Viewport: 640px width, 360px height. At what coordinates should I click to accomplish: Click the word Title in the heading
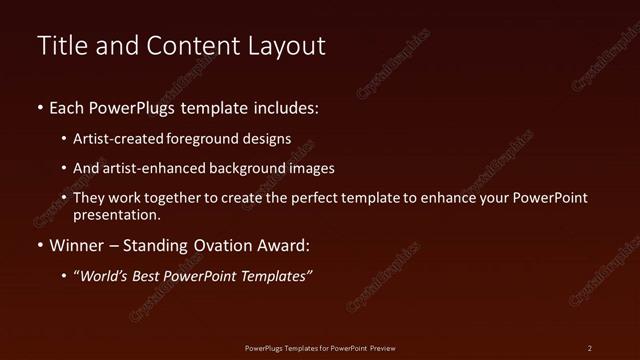[x=61, y=46]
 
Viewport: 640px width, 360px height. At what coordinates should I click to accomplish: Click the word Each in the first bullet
[x=67, y=107]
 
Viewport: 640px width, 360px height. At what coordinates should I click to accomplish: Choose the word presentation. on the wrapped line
[x=117, y=214]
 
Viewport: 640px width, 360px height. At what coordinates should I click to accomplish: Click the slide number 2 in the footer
[x=590, y=348]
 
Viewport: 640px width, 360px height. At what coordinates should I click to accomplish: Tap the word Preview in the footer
[x=381, y=348]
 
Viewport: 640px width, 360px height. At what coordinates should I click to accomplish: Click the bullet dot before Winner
[x=40, y=246]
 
